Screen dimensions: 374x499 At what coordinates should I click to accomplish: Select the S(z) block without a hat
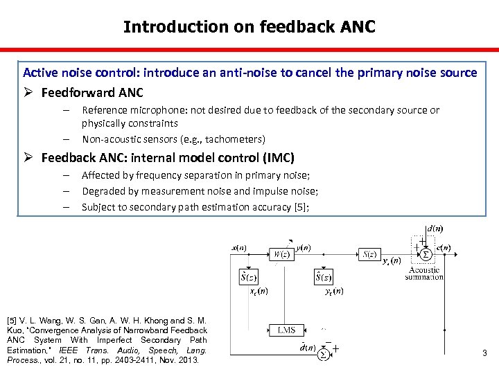[x=369, y=253]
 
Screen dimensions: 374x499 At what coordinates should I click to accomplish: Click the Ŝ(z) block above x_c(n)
[x=248, y=278]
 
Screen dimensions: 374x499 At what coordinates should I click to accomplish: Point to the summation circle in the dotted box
[x=426, y=254]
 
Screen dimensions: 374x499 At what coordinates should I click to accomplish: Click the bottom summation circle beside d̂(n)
[x=323, y=354]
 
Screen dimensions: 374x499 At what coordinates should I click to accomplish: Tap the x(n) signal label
[x=240, y=247]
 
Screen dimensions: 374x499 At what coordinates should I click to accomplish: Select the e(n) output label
[x=443, y=248]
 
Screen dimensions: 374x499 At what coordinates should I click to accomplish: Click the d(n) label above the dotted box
[x=435, y=228]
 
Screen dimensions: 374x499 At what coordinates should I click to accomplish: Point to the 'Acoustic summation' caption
[x=424, y=274]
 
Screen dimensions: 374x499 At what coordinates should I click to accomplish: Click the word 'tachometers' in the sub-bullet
[x=231, y=139]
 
